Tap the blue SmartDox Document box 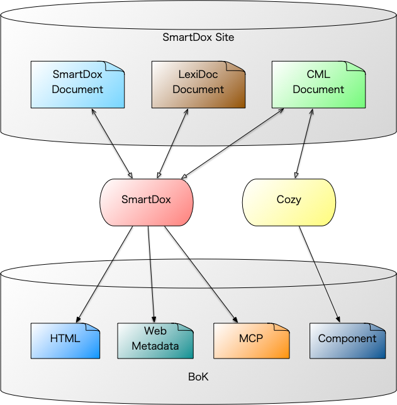pyautogui.click(x=77, y=84)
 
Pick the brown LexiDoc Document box pyautogui.click(x=198, y=84)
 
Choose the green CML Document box pyautogui.click(x=318, y=84)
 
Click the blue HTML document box pyautogui.click(x=65, y=340)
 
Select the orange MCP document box pyautogui.click(x=251, y=340)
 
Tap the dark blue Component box pyautogui.click(x=347, y=340)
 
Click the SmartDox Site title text pyautogui.click(x=198, y=37)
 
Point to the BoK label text pyautogui.click(x=198, y=377)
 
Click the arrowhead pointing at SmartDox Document pyautogui.click(x=93, y=111)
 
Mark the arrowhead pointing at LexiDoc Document pyautogui.click(x=187, y=111)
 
